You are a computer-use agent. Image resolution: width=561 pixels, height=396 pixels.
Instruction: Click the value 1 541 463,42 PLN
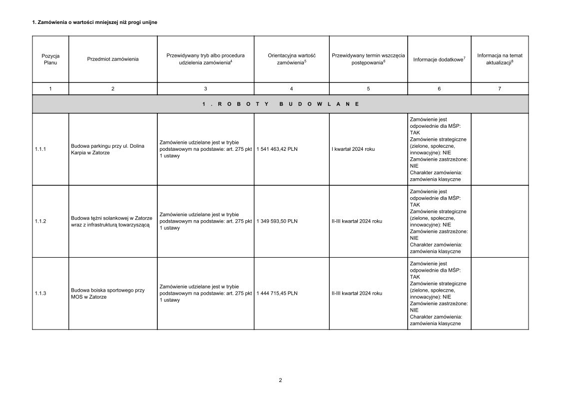click(277, 149)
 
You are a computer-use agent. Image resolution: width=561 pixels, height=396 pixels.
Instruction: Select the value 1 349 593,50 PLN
click(277, 221)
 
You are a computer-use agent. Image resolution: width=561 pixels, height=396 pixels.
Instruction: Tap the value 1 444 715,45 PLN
click(277, 293)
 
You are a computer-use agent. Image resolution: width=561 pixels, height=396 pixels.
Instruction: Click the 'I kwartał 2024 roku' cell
click(353, 149)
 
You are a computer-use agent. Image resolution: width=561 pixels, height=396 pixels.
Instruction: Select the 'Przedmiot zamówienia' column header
click(113, 59)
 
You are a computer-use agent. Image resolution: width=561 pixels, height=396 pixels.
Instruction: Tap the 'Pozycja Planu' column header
click(50, 59)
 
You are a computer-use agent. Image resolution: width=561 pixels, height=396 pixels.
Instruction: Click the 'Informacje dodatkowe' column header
click(439, 59)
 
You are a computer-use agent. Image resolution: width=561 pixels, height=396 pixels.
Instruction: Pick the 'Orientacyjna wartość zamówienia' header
click(291, 59)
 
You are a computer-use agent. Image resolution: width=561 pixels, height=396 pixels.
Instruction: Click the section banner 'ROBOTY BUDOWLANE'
click(280, 104)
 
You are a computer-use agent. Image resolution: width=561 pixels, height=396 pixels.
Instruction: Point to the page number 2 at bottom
click(280, 380)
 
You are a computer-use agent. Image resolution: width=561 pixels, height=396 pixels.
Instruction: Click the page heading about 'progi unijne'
click(95, 22)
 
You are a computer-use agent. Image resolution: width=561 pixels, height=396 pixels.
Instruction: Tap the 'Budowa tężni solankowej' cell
click(111, 221)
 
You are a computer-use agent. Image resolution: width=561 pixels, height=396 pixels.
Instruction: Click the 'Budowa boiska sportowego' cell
click(107, 293)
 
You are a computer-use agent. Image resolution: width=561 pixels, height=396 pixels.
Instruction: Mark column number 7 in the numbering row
click(500, 88)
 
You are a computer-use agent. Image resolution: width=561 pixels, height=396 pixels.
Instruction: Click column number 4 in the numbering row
click(291, 88)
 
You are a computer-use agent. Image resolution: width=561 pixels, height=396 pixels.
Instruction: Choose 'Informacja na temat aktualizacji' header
click(500, 59)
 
